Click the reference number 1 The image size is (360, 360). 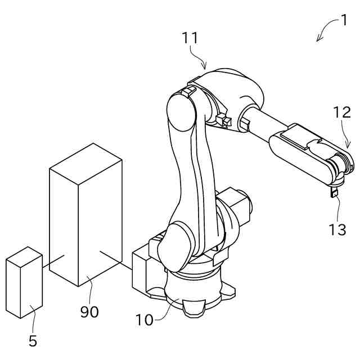343,21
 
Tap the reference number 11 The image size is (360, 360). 190,38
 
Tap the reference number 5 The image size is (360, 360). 33,341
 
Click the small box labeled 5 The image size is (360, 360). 24,284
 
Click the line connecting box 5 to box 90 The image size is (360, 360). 53,259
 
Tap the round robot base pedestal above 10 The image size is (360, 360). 194,287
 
